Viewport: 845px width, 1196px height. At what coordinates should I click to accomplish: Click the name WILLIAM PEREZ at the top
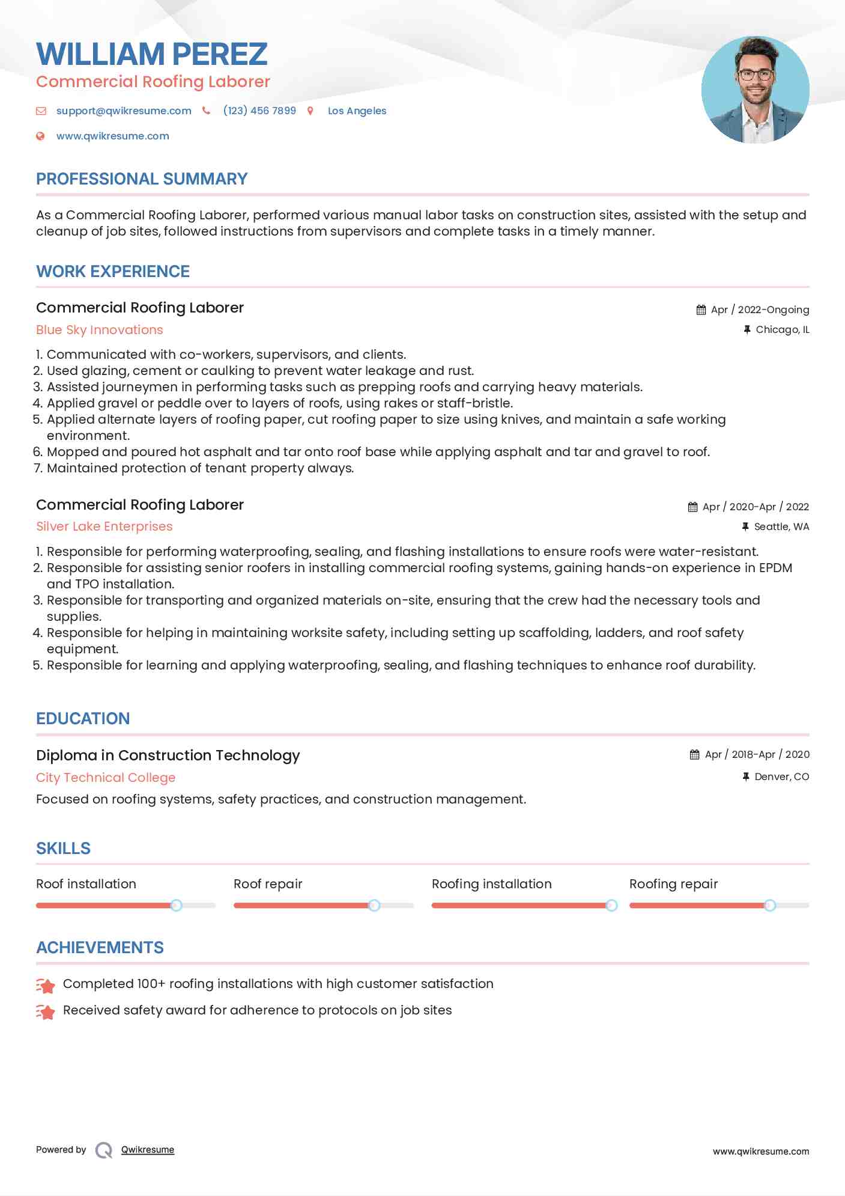click(151, 54)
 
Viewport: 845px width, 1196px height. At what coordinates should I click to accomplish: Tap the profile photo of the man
click(755, 90)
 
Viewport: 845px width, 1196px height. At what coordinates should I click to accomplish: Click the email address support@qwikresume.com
click(124, 111)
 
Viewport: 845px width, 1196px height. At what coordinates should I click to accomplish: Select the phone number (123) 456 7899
click(259, 111)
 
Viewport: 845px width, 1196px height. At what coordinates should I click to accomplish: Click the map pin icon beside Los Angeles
click(310, 111)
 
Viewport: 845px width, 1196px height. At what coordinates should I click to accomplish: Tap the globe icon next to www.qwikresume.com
click(40, 136)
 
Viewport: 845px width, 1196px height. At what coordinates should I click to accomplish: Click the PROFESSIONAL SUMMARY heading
click(142, 179)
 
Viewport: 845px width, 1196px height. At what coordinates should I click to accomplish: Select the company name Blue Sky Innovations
click(100, 330)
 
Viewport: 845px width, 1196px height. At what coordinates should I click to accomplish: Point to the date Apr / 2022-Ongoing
click(760, 310)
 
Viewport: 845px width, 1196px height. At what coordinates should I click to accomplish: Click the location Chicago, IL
click(782, 330)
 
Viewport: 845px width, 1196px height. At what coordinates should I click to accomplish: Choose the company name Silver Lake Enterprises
click(104, 526)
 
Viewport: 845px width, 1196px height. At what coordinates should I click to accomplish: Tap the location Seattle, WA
click(781, 527)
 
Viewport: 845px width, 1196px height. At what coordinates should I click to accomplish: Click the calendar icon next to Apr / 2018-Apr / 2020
click(695, 755)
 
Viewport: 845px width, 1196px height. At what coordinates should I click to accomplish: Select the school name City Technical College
click(106, 778)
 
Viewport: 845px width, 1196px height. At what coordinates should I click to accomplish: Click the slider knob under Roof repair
click(374, 905)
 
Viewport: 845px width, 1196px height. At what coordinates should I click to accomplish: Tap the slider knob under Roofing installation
click(611, 905)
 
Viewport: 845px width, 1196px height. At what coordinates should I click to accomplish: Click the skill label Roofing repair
click(673, 884)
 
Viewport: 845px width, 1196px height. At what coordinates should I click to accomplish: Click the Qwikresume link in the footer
click(148, 1150)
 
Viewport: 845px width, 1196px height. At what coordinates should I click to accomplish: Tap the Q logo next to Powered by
click(104, 1150)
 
